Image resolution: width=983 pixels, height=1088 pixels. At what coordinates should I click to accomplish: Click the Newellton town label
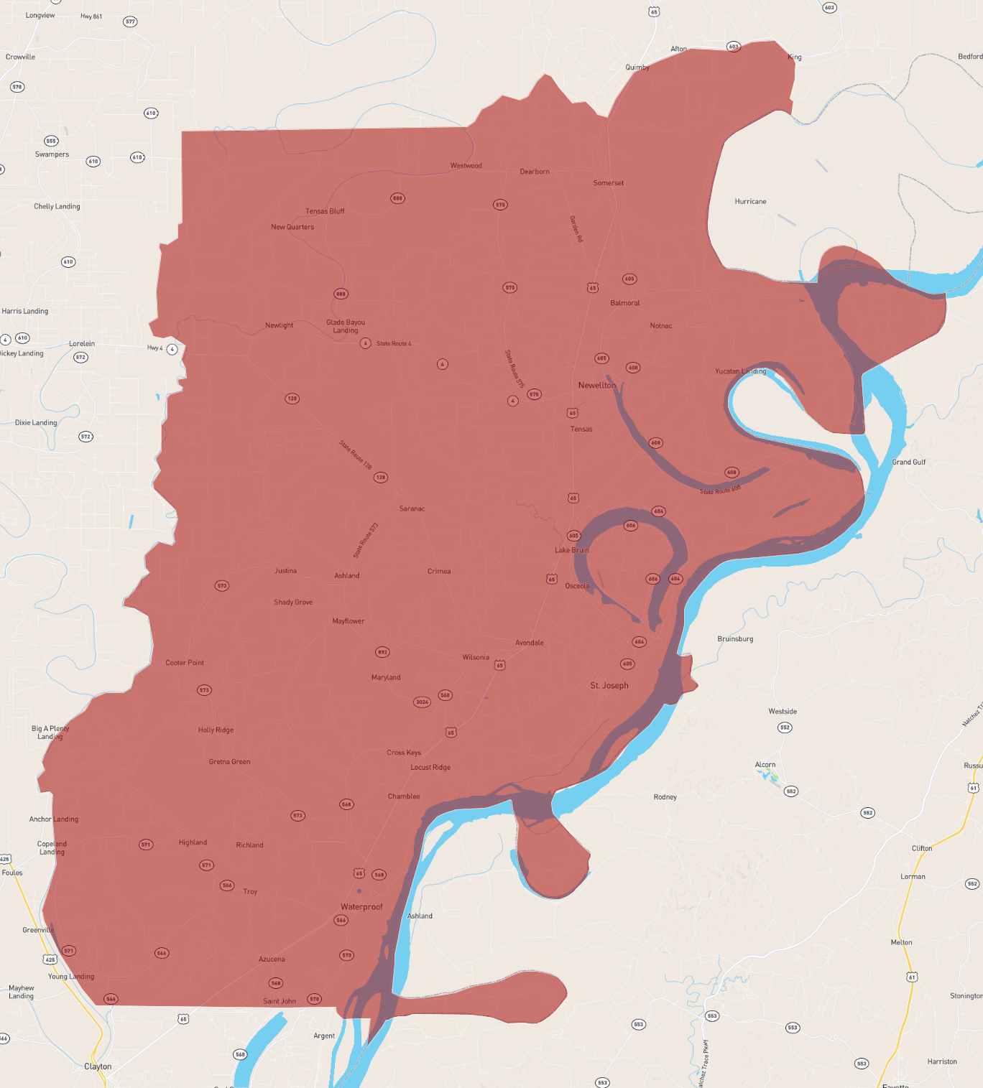point(597,386)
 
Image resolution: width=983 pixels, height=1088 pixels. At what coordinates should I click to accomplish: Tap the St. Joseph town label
point(609,686)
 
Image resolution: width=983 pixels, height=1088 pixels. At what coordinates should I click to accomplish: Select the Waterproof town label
point(361,907)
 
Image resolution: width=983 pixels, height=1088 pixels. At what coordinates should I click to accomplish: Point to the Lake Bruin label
point(571,551)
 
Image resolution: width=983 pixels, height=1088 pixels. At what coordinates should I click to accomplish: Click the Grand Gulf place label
point(908,462)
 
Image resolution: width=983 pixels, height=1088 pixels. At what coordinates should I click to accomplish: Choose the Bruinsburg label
point(735,639)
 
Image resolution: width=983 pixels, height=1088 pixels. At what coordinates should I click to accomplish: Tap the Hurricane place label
point(750,202)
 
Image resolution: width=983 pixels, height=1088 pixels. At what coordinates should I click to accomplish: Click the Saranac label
point(412,509)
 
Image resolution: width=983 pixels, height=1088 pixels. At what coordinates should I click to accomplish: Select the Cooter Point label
point(185,663)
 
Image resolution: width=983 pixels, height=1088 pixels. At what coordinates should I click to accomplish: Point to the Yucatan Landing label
point(740,372)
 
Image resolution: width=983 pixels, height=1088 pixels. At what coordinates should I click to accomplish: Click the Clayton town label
point(98,1066)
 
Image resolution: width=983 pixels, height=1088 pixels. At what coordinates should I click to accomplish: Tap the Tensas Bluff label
point(325,212)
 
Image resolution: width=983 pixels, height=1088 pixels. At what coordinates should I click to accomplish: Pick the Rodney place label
point(665,797)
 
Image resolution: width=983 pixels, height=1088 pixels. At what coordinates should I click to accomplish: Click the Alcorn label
point(765,765)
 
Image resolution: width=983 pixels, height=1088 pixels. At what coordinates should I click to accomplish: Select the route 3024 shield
point(422,702)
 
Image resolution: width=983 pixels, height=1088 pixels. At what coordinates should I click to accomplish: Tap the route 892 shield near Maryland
point(382,652)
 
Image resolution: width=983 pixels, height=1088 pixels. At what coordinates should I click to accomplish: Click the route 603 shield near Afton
point(733,47)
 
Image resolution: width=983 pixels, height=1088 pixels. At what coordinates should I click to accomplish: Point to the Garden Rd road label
point(576,229)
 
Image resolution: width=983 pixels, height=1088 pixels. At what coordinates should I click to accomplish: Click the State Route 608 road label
point(720,490)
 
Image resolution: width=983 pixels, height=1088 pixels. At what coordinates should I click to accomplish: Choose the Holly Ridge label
point(216,730)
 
